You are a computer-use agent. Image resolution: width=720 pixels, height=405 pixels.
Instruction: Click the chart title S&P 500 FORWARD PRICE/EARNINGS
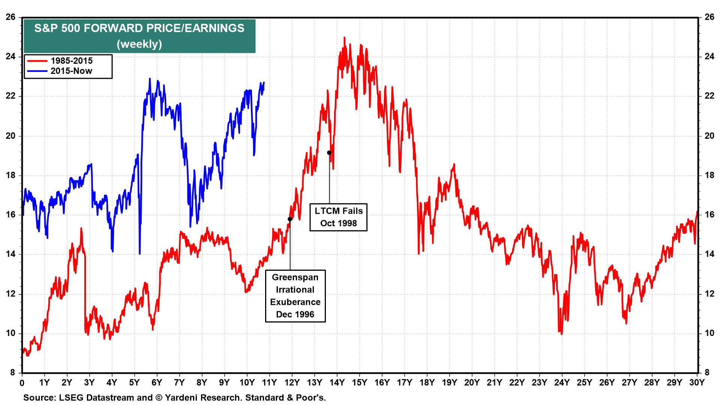click(139, 28)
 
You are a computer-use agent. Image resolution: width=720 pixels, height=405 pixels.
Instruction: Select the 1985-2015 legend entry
click(71, 61)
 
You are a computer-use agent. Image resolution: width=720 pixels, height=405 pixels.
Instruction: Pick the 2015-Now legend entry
click(71, 71)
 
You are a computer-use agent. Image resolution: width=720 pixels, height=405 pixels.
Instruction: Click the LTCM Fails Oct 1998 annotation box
click(338, 217)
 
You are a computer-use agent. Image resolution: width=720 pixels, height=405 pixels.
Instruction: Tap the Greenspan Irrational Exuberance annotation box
click(295, 296)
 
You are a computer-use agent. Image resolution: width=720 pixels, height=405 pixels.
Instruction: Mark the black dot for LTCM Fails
click(329, 153)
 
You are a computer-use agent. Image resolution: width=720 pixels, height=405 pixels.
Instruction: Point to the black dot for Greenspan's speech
click(290, 219)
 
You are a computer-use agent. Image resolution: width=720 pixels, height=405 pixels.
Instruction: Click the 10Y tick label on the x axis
click(247, 382)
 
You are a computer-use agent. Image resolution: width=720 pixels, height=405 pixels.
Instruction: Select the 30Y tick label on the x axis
click(697, 382)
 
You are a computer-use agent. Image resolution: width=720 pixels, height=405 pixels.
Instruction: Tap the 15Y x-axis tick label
click(359, 382)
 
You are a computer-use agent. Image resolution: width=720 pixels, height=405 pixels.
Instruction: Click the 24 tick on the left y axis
click(10, 57)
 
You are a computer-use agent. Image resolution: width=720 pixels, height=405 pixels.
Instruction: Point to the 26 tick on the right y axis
click(709, 17)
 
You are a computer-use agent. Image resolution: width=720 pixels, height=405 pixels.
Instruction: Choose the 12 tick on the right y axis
click(709, 294)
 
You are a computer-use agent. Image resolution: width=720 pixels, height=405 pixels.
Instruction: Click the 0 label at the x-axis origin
click(22, 383)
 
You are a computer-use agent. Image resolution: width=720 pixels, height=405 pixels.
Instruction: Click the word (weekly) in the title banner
click(139, 44)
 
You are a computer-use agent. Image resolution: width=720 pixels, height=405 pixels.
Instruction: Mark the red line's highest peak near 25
click(344, 37)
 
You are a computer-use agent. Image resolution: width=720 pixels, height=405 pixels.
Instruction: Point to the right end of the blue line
click(264, 82)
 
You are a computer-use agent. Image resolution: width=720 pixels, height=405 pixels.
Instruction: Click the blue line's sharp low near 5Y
click(139, 253)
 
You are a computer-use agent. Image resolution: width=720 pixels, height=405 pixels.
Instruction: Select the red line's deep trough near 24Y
click(561, 334)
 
